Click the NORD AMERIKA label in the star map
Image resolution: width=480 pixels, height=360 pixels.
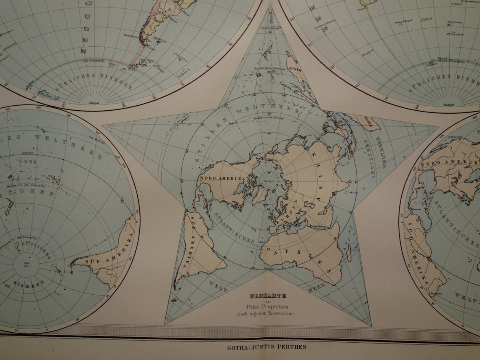coord(223,179)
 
